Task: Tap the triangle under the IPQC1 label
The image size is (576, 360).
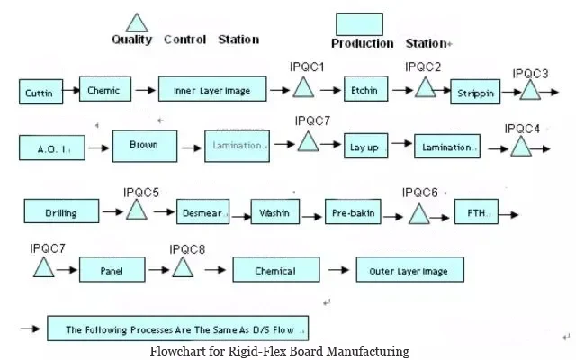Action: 303,87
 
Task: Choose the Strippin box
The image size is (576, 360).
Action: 475,93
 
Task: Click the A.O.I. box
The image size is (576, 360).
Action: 53,148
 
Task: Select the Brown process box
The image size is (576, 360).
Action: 144,145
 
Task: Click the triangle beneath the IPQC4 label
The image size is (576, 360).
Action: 522,146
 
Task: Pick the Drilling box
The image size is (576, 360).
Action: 61,212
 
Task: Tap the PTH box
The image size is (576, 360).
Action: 478,212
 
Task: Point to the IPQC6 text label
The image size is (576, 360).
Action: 419,193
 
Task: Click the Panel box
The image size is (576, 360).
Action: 112,268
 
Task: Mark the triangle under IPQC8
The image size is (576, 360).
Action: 184,267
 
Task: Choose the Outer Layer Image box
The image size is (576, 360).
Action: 409,268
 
